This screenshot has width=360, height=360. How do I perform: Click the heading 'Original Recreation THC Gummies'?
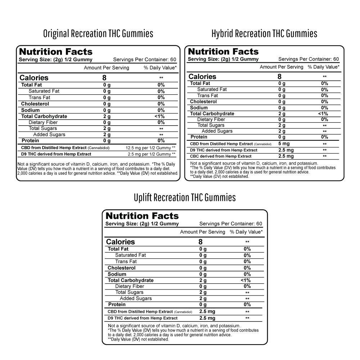coord(98,33)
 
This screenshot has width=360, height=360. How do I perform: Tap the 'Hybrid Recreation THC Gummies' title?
coord(264,33)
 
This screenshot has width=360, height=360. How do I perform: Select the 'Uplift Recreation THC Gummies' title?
coord(185,198)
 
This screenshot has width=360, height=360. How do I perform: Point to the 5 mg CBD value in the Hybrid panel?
coord(284,144)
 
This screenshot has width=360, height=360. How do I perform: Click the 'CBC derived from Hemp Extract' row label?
coord(221,156)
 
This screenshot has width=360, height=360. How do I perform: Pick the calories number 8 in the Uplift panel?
coord(201,242)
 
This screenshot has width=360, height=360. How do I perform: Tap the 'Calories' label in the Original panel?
coord(34,78)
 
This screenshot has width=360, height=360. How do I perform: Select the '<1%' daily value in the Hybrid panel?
coord(323,114)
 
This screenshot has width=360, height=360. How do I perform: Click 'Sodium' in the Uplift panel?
coord(117,274)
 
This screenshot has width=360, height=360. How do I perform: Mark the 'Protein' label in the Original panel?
coord(30,140)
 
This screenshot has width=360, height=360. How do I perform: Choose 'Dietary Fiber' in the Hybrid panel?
coord(211,120)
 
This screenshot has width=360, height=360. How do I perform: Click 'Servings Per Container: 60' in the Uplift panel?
coord(231,224)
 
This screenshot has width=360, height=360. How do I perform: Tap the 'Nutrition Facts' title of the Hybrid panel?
coord(223,51)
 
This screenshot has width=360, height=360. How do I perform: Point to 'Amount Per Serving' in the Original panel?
coord(106,68)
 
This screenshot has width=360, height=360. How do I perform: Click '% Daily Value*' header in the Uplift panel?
coord(246,232)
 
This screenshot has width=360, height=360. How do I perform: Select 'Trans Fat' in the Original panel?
coord(39,98)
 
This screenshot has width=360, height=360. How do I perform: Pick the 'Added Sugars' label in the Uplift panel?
coord(136,298)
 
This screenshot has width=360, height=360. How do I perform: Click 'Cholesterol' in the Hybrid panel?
coord(203,102)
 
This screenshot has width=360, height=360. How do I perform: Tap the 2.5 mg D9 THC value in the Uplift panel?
coord(207,318)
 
